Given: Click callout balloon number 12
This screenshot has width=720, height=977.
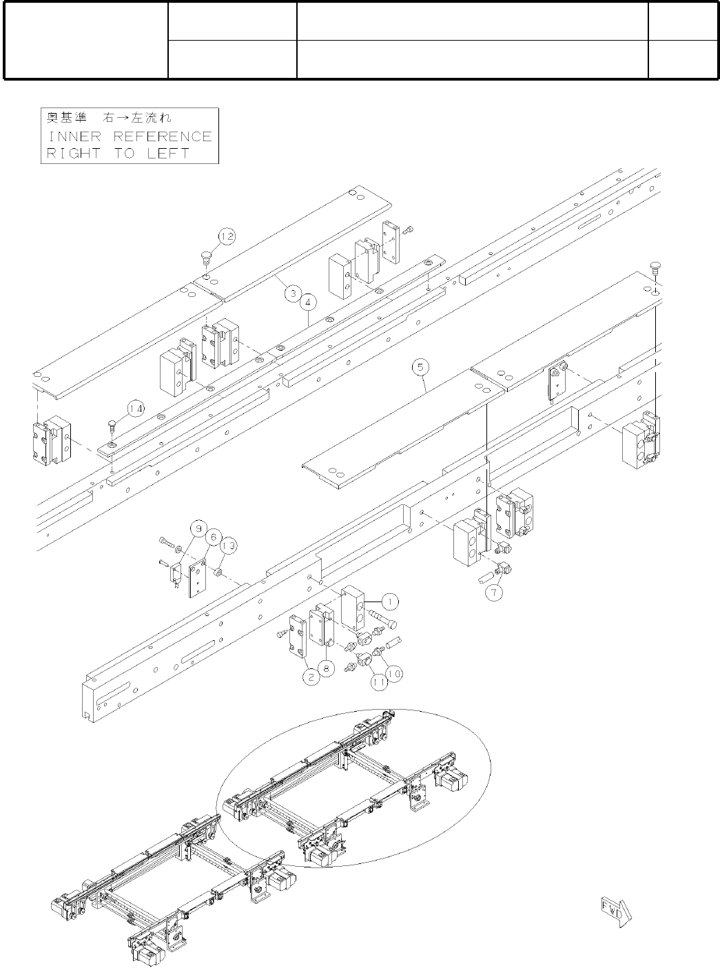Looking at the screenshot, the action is pyautogui.click(x=227, y=236).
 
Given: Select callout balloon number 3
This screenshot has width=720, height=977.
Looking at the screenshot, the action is pyautogui.click(x=292, y=294).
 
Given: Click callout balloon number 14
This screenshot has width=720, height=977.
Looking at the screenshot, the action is pyautogui.click(x=136, y=409).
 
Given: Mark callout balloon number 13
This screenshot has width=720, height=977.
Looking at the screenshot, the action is pyautogui.click(x=229, y=546).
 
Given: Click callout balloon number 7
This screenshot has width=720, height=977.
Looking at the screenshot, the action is pyautogui.click(x=493, y=592).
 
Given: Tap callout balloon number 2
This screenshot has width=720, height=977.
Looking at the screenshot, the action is pyautogui.click(x=311, y=677).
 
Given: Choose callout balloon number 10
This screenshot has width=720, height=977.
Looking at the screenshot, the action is pyautogui.click(x=395, y=673).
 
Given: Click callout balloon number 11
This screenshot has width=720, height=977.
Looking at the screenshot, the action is pyautogui.click(x=378, y=682).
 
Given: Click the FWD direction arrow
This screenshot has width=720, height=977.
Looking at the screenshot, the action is pyautogui.click(x=616, y=912).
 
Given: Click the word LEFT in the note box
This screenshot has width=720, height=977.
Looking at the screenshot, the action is pyautogui.click(x=167, y=153).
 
